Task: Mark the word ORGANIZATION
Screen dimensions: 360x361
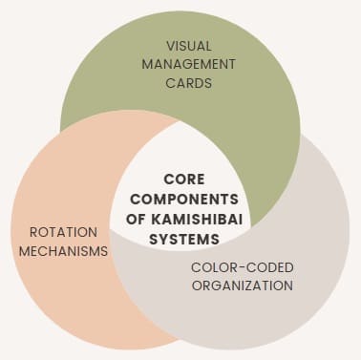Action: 242,285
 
